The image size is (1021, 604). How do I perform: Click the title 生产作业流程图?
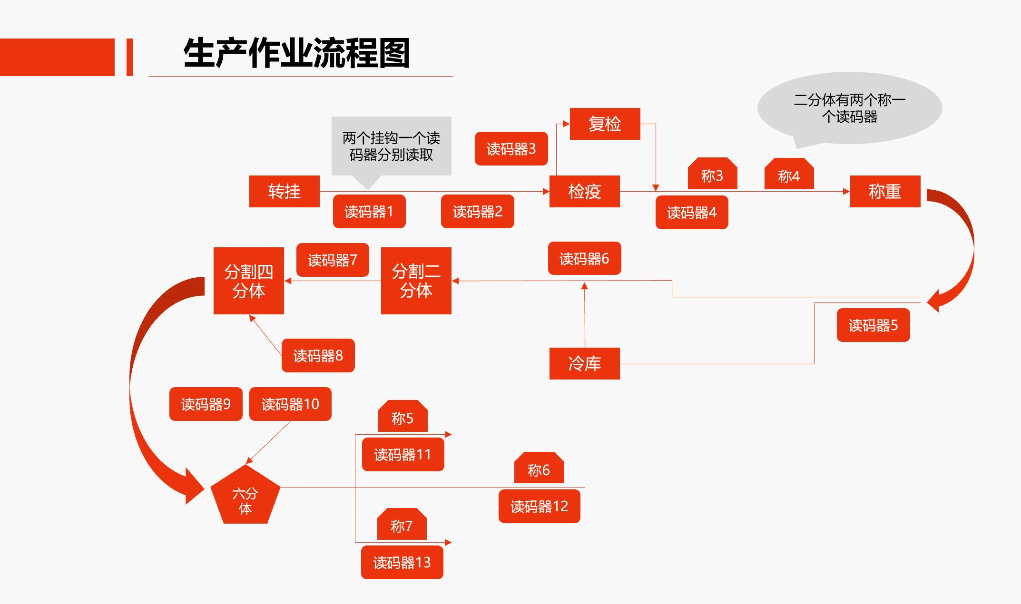click(296, 53)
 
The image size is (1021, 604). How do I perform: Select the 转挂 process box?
click(284, 191)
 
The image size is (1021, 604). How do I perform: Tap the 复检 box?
click(605, 124)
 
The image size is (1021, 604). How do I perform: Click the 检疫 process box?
click(584, 191)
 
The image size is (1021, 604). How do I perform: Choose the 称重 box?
click(885, 191)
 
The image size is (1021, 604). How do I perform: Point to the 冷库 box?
click(584, 363)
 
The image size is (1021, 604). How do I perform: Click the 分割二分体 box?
click(416, 281)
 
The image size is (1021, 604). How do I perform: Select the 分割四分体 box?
click(248, 281)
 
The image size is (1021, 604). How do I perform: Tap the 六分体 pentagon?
click(245, 497)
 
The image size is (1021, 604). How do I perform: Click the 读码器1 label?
click(369, 211)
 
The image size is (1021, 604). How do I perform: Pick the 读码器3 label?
click(511, 148)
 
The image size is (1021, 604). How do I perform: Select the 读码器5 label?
click(873, 325)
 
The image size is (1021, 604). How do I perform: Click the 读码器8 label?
click(318, 355)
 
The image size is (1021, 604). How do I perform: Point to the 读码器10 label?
click(290, 404)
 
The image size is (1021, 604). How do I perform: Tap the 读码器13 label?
click(402, 562)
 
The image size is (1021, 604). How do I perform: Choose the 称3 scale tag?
click(712, 175)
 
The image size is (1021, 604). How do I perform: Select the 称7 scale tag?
click(402, 525)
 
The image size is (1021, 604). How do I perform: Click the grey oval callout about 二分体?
click(849, 108)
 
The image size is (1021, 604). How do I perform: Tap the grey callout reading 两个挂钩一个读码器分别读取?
click(391, 146)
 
